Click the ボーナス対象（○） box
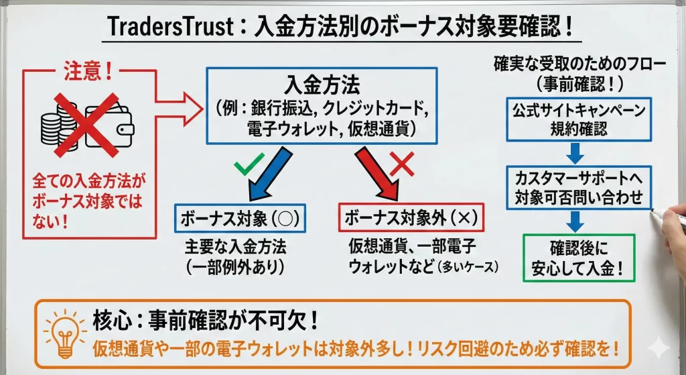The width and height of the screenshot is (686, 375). click(239, 219)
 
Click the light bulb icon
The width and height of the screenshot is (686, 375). click(64, 334)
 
